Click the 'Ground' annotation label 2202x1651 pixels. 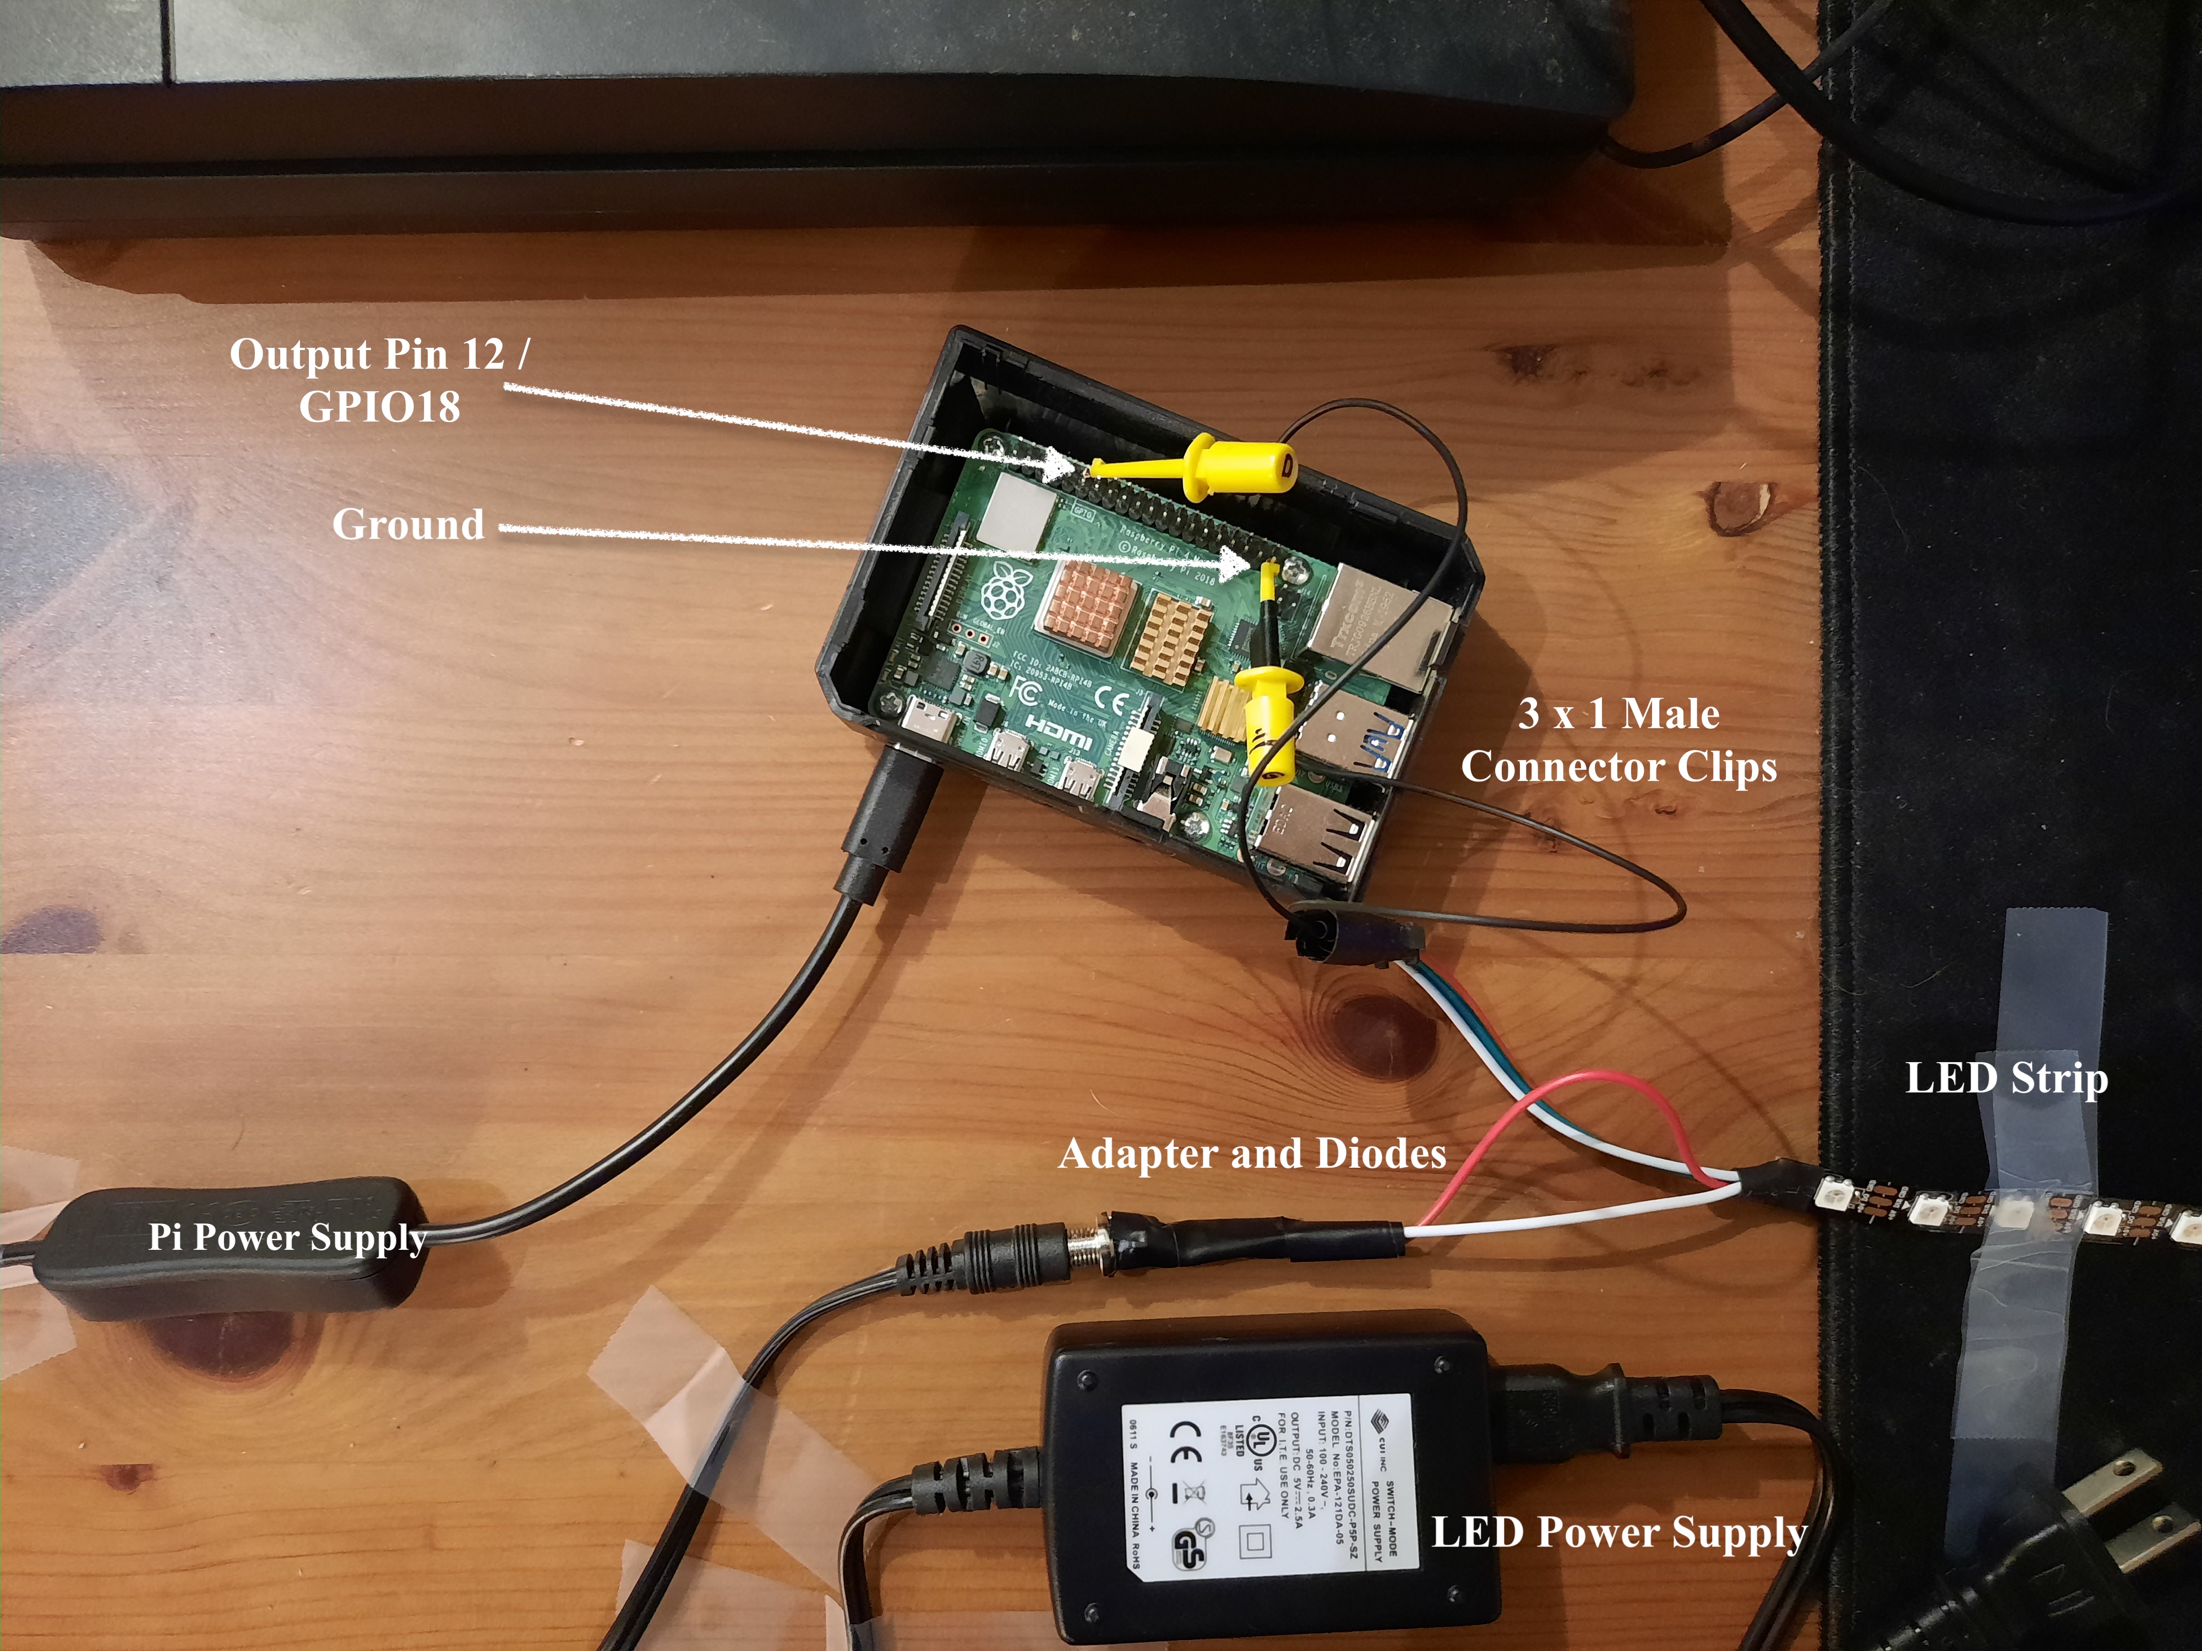[x=408, y=524]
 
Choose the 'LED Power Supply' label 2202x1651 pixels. [x=1618, y=1533]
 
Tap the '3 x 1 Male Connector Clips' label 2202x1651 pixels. [x=1618, y=740]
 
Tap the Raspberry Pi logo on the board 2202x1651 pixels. [x=1004, y=593]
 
